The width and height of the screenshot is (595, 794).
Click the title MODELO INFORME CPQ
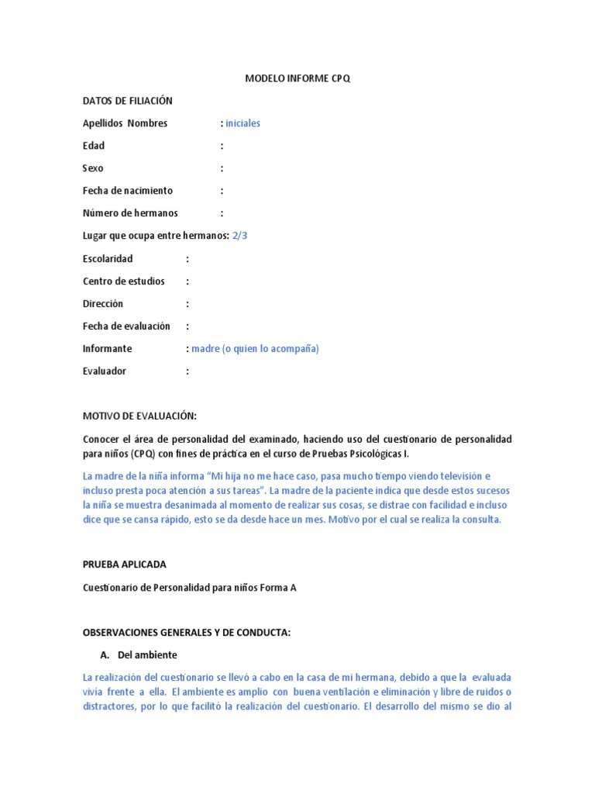pos(297,78)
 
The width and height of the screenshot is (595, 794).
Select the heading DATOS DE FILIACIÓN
pos(127,101)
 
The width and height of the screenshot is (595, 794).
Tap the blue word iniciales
pos(243,123)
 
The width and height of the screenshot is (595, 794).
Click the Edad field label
pos(93,146)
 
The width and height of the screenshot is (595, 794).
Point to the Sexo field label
pos(93,168)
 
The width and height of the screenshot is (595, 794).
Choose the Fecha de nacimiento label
pos(128,191)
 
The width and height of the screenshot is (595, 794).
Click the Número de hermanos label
pos(130,213)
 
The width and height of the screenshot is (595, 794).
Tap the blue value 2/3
pos(239,236)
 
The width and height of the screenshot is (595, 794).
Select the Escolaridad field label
pos(108,258)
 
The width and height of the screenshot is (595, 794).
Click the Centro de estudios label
pos(123,281)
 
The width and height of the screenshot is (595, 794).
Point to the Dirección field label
pos(103,303)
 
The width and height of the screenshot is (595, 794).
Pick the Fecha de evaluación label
pos(126,326)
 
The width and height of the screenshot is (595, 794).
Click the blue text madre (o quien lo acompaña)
pos(256,349)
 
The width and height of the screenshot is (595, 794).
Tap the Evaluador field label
pos(104,371)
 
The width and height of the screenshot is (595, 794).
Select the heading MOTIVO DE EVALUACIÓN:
pos(145,416)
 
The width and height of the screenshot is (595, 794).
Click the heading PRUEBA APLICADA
pos(124,564)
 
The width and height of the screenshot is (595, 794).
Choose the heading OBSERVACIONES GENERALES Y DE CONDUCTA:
pos(186,633)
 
